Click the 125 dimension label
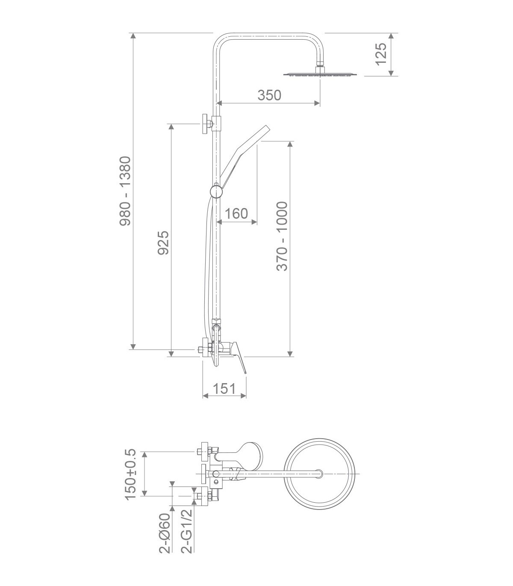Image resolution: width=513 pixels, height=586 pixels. pos(381,54)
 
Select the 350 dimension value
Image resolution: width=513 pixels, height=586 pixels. pos(269,95)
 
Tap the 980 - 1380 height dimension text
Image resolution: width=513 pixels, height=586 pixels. pos(125,191)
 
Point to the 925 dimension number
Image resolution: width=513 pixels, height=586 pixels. pos(164,243)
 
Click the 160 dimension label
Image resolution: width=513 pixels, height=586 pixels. pos(236,214)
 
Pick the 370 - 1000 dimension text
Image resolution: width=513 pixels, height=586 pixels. pos(282,236)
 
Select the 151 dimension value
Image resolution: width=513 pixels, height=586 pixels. pos(224,389)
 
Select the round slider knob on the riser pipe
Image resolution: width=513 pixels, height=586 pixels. pos(215,191)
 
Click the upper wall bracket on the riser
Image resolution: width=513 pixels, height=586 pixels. pos(211,123)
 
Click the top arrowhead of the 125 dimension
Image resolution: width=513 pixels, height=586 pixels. pos(391,37)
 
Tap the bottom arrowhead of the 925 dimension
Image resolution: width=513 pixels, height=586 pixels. pos(171,353)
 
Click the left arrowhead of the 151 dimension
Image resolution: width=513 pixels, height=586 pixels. pos(206,396)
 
